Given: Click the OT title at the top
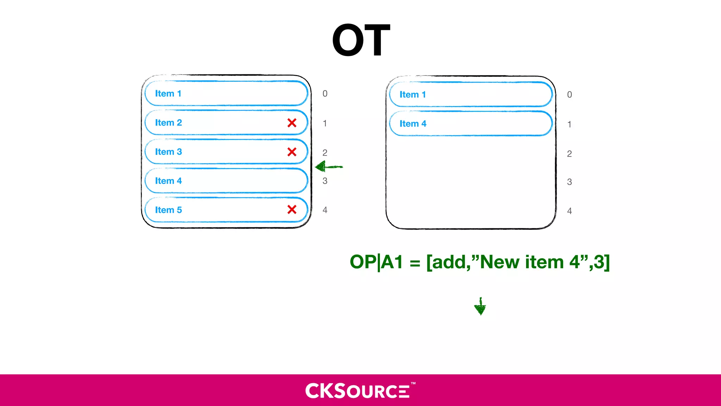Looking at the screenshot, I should (361, 40).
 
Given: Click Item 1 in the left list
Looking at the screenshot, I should (168, 94).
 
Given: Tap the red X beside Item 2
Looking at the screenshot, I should (292, 123).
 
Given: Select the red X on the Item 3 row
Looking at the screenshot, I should (292, 152).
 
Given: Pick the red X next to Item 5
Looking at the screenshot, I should (292, 210).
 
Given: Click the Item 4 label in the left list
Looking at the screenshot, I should (168, 181).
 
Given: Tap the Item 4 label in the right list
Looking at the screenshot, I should (413, 124).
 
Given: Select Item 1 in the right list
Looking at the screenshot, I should (413, 95).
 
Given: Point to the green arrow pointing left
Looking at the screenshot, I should (328, 167).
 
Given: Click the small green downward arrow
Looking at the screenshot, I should (480, 307).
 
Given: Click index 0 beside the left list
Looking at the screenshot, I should (325, 94).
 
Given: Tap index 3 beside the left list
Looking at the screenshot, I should (325, 181).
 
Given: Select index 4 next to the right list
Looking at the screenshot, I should (569, 211).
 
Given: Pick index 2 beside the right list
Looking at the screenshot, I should (569, 154).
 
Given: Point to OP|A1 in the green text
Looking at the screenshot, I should (376, 263).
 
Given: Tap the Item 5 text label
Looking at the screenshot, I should (168, 210).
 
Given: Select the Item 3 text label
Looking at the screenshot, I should (168, 152).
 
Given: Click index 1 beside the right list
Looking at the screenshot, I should (569, 124).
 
